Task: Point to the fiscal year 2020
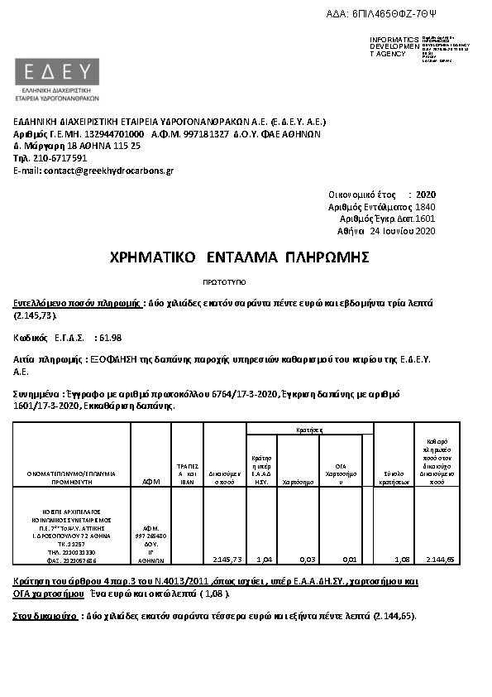426,194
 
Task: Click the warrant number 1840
425,206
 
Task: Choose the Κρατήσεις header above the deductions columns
309,430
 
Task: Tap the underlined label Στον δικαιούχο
45,616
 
